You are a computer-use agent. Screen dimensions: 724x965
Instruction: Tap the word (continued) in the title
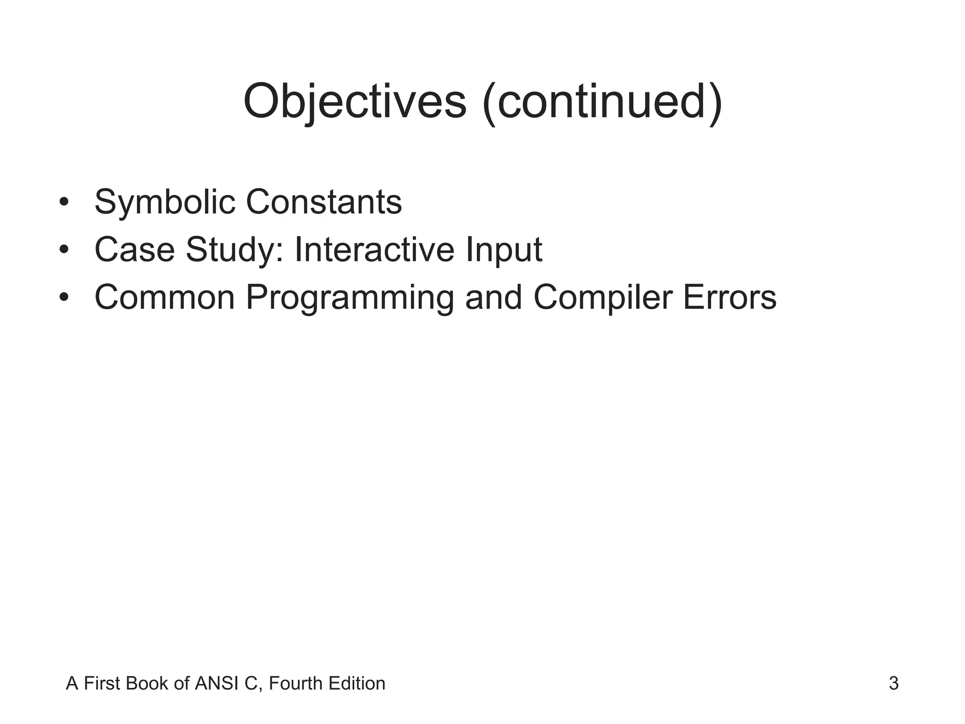pyautogui.click(x=603, y=102)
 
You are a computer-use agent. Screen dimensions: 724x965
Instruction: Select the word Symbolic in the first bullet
pyautogui.click(x=165, y=202)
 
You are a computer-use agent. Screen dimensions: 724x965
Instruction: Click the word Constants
pyautogui.click(x=324, y=202)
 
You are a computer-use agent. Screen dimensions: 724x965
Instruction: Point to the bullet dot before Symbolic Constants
pyautogui.click(x=65, y=203)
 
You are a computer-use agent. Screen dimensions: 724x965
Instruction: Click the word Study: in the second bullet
pyautogui.click(x=235, y=250)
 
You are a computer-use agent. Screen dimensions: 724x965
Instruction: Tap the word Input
pyautogui.click(x=504, y=250)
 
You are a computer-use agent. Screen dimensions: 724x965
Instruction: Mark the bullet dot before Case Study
pyautogui.click(x=65, y=250)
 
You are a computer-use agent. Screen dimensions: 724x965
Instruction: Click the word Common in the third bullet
pyautogui.click(x=164, y=297)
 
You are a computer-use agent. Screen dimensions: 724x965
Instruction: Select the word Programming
pyautogui.click(x=350, y=298)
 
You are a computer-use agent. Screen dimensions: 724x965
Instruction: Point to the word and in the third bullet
pyautogui.click(x=494, y=297)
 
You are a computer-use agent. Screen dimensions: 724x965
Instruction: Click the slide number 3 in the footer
pyautogui.click(x=893, y=683)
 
